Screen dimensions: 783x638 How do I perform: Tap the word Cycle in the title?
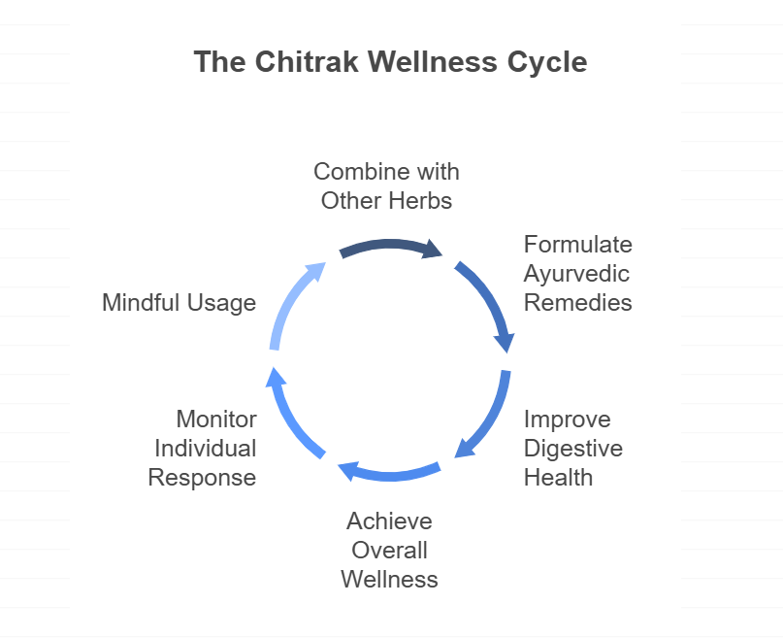(547, 63)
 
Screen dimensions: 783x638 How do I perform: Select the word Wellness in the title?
(433, 62)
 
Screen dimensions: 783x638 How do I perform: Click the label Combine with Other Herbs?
(386, 185)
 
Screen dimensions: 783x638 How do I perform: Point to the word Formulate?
(577, 245)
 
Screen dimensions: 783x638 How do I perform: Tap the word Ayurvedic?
(576, 274)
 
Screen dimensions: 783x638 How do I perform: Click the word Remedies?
(577, 303)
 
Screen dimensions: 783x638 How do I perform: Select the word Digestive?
(573, 449)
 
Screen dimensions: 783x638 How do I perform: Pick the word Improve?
(568, 420)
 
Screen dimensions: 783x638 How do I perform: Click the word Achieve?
(389, 521)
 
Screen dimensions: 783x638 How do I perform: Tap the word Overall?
(389, 551)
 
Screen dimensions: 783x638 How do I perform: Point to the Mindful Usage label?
(179, 303)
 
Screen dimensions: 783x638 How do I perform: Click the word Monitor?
(216, 420)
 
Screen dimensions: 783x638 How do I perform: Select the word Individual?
(206, 448)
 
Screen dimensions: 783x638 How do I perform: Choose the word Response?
(202, 478)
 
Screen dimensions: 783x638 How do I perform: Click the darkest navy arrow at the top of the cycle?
(390, 245)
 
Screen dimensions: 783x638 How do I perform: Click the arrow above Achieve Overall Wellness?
(390, 475)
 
